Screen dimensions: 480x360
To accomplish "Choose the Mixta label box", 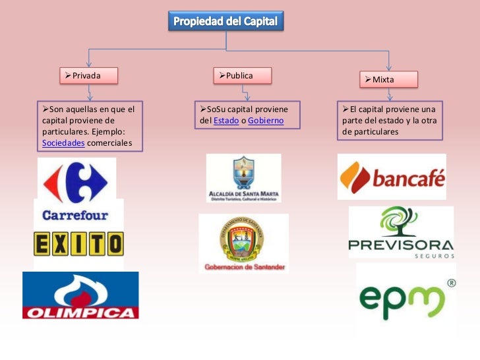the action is [388, 80].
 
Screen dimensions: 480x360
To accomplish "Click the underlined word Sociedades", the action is [63, 142].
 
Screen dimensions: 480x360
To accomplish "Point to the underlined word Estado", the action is [225, 121].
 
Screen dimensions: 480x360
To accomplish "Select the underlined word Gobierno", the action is [266, 121].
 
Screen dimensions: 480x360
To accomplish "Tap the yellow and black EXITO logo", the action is [78, 244].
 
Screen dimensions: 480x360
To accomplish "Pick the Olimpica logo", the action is [80, 295].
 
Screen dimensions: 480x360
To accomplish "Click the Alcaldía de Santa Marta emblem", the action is [243, 178].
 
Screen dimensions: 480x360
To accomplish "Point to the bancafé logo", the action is [392, 177].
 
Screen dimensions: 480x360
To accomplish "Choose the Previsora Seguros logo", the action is [401, 232].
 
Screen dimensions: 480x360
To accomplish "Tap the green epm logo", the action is [400, 301].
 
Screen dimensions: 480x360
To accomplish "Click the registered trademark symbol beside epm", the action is [451, 284].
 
